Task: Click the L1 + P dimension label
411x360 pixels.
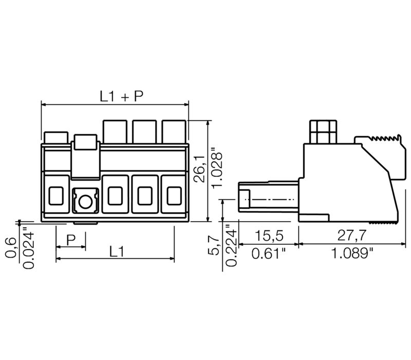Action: (122, 96)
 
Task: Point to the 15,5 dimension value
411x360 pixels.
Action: (269, 236)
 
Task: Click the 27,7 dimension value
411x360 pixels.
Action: (351, 236)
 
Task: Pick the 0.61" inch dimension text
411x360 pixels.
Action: (269, 254)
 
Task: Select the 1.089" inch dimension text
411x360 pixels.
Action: (352, 254)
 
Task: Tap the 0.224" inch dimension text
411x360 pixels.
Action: (231, 245)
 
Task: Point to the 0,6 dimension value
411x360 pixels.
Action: (11, 248)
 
